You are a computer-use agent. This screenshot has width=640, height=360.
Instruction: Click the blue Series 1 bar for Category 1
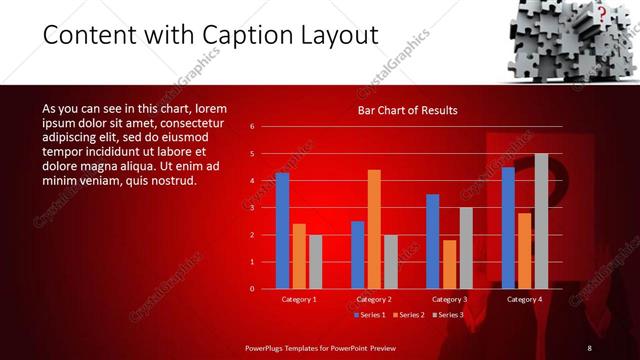(x=282, y=231)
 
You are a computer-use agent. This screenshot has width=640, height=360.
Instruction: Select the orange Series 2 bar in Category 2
(x=374, y=229)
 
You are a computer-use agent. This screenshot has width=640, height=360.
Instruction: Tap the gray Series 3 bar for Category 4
(x=541, y=221)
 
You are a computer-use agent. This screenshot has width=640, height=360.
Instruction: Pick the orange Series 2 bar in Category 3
(x=449, y=264)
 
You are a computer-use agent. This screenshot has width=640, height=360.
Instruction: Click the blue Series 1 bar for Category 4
(x=508, y=228)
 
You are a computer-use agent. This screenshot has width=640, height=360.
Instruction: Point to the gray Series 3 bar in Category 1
(x=315, y=262)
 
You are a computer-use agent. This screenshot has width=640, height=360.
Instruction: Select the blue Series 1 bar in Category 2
(x=357, y=255)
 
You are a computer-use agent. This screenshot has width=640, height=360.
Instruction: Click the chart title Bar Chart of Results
(x=407, y=110)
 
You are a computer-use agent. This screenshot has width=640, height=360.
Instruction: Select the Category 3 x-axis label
(x=449, y=299)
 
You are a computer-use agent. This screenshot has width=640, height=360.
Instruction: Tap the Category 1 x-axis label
(x=299, y=299)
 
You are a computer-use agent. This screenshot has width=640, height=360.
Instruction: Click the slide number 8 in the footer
(x=590, y=347)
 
